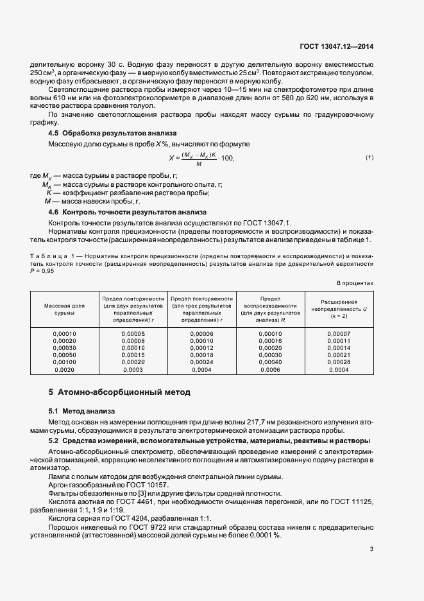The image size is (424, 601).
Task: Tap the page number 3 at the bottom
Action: point(372,549)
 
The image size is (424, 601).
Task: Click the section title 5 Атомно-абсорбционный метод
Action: point(119,392)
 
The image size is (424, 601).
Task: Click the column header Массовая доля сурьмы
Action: point(64,309)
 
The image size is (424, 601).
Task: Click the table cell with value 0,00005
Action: point(133,333)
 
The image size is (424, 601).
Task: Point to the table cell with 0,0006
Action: point(270,370)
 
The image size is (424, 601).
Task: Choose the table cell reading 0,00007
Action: point(338,333)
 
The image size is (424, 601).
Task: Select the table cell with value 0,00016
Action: point(270,340)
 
